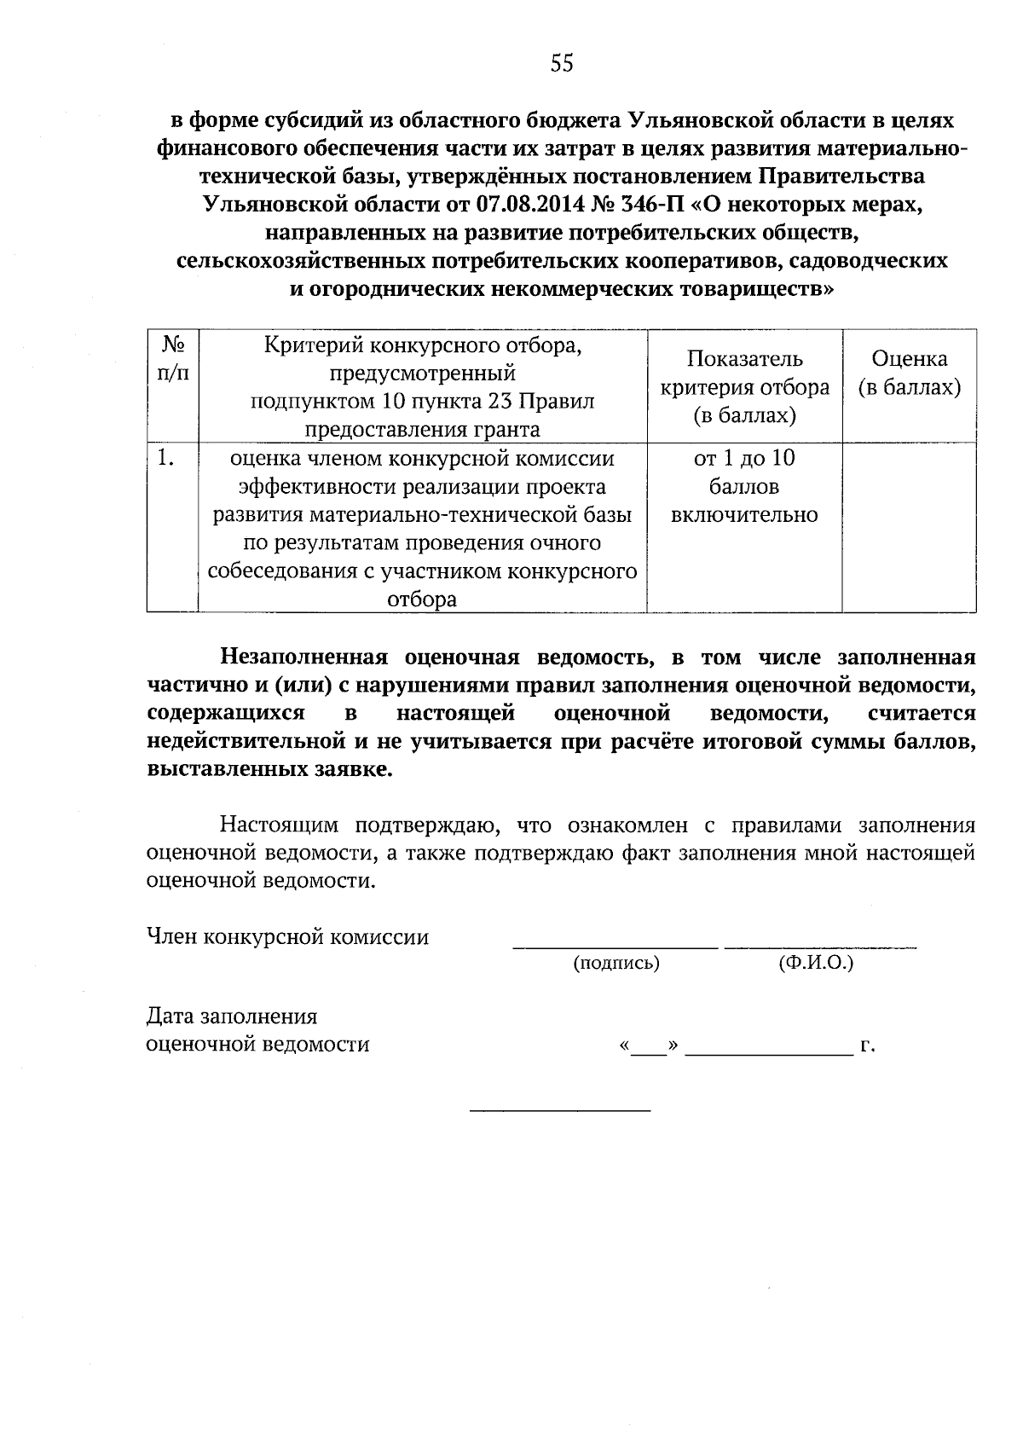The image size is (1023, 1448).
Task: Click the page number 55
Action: click(x=562, y=64)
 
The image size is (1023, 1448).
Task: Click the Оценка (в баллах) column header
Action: click(x=909, y=374)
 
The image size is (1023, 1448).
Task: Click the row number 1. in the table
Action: click(x=166, y=459)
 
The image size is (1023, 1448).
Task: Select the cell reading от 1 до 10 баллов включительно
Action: click(x=744, y=487)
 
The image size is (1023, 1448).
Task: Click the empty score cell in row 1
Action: click(x=909, y=527)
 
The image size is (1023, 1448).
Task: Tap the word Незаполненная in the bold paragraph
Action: click(x=304, y=657)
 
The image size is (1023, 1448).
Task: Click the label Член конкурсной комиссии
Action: click(x=287, y=938)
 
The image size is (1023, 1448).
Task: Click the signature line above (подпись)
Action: click(x=615, y=945)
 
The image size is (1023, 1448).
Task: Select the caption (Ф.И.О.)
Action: click(x=816, y=964)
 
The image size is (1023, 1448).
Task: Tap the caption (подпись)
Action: click(x=616, y=964)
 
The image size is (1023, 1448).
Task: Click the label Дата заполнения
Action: click(x=232, y=1016)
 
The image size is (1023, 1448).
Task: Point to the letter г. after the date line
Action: click(x=868, y=1045)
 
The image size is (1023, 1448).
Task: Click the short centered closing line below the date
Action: click(x=560, y=1110)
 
